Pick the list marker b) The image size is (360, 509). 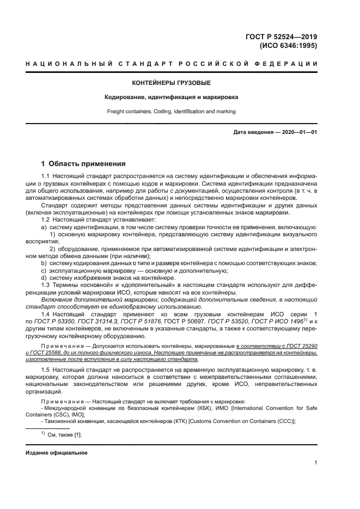44,263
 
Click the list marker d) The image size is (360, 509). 44,278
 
